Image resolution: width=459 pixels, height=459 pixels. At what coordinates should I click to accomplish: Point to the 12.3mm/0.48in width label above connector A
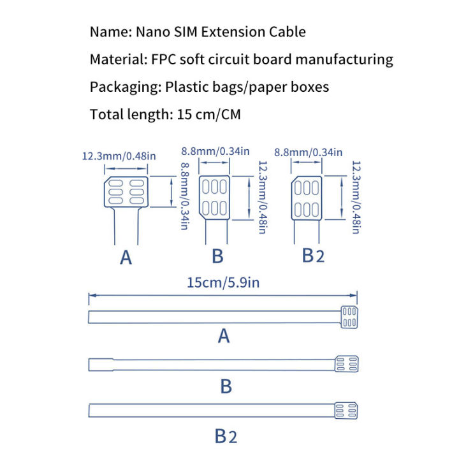point(119,156)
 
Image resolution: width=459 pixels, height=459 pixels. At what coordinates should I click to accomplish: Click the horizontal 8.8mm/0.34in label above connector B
point(215,151)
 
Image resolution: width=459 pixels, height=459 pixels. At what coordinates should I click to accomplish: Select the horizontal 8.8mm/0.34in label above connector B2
point(308,152)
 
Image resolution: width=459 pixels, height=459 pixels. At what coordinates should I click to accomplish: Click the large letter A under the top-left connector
point(126,258)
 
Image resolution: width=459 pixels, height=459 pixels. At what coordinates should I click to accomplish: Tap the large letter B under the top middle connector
point(217,256)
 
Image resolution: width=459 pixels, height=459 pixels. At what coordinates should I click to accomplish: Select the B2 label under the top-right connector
point(313,256)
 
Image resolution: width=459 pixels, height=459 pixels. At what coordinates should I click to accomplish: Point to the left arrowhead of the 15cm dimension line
point(91,295)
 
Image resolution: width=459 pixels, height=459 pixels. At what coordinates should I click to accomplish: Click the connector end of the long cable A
point(348,317)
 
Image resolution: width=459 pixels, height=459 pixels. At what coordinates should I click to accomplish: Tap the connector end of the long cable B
point(346,364)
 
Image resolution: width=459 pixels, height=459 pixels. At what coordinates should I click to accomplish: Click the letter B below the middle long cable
point(225,386)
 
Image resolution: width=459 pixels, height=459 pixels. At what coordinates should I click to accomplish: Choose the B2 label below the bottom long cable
point(225,436)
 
